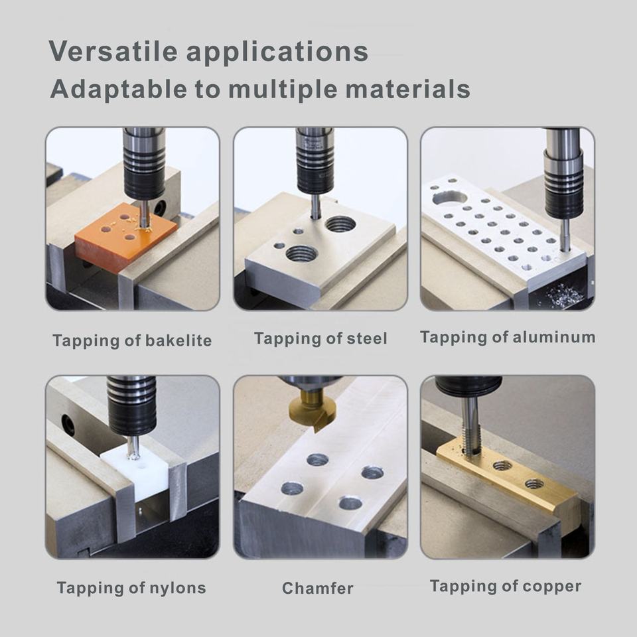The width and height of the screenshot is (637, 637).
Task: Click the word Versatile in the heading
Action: tap(113, 51)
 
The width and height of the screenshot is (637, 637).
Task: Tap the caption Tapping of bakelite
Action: tap(132, 340)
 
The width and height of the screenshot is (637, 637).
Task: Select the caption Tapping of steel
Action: tap(320, 339)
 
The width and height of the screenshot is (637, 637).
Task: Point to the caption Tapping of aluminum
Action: tap(508, 337)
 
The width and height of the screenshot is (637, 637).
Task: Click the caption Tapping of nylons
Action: tap(131, 588)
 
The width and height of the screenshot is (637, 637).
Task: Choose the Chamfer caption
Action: tap(318, 588)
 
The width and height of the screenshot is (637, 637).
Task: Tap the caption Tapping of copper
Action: tap(506, 586)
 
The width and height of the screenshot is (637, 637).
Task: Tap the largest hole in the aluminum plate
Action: tap(449, 198)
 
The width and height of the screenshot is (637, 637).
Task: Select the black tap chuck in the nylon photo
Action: tap(133, 406)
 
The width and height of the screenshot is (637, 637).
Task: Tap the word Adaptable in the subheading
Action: tap(119, 89)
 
